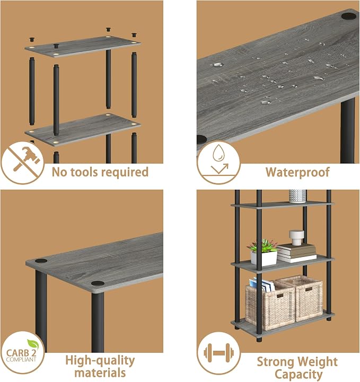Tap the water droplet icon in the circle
pos(218,153)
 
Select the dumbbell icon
pos(218,352)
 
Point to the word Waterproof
pos(297,172)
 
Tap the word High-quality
pos(100,361)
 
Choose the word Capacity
pos(298,374)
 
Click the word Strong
pos(275,362)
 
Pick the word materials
pos(100,373)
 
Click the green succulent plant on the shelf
pos(263,245)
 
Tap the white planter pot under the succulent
pos(264,258)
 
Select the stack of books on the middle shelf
pos(296,253)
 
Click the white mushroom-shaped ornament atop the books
pos(296,237)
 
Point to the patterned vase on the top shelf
pos(297,196)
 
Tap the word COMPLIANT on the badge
pos(21,359)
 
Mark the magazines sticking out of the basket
pos(262,285)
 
